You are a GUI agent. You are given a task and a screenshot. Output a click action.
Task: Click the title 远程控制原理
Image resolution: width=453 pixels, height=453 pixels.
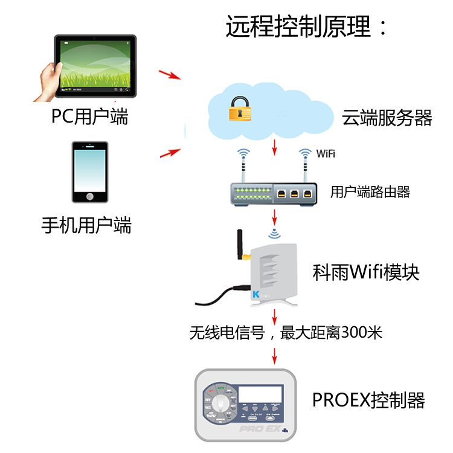point(307,27)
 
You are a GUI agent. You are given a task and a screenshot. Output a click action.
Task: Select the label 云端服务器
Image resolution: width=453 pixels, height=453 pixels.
point(387,117)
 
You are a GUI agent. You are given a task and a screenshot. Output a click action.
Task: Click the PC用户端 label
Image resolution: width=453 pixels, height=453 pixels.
point(90,116)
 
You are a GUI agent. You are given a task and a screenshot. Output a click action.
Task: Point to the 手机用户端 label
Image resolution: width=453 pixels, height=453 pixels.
point(86,226)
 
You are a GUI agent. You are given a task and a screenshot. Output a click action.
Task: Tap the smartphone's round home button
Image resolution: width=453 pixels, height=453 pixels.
point(90,196)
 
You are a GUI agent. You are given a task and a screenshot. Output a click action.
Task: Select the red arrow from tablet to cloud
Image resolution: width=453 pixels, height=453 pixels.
point(170,75)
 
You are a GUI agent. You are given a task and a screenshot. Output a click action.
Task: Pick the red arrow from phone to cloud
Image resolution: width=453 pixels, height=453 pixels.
point(171,153)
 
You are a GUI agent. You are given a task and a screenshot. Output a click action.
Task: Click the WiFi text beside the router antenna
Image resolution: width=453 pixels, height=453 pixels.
point(326,154)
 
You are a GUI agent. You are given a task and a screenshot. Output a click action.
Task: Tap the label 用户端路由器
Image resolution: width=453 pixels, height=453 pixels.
point(370,192)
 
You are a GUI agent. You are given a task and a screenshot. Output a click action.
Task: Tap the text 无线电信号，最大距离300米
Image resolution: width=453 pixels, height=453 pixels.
point(286,332)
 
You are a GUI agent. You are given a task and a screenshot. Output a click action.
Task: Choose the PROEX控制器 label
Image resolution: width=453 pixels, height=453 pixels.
point(368,400)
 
